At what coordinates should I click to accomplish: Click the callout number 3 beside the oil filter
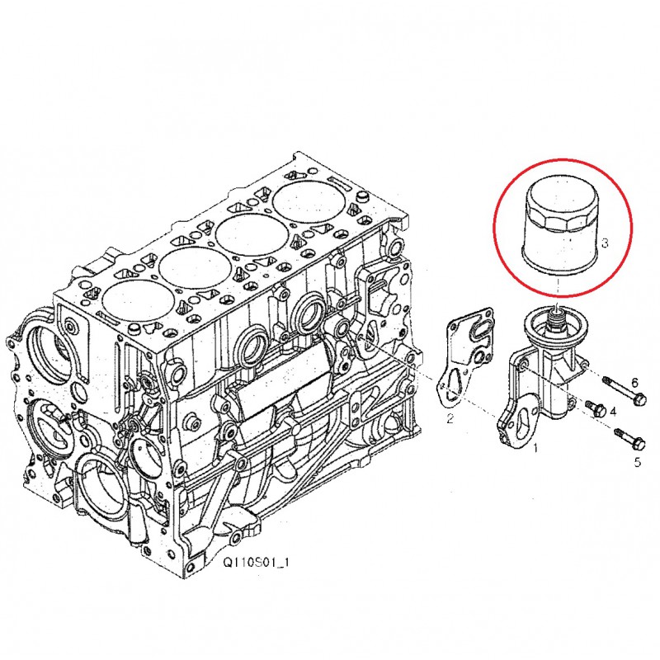coord(605,243)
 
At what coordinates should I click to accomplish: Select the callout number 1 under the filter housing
coord(535,449)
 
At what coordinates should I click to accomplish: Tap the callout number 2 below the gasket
coord(450,419)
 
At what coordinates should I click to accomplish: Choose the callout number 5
coord(637,462)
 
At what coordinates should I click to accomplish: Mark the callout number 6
coord(634,382)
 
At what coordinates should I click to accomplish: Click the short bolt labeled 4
coord(596,408)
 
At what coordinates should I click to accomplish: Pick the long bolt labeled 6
coord(626,394)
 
